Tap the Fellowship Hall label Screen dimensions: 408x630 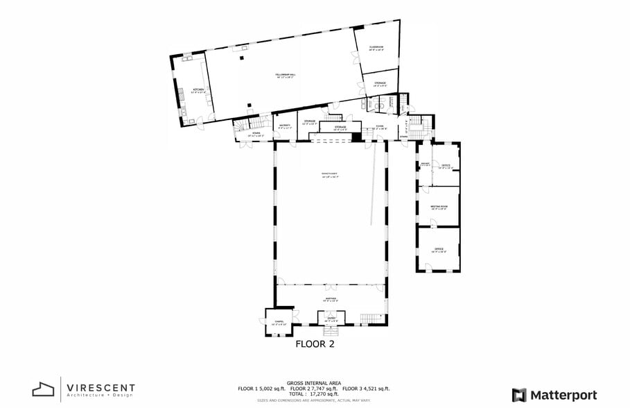(285, 75)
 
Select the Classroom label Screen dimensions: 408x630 (376, 47)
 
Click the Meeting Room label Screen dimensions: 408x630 (439, 206)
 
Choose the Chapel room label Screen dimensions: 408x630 (279, 322)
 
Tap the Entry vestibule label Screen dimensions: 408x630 (331, 319)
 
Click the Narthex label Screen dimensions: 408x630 (331, 299)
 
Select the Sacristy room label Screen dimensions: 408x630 (286, 126)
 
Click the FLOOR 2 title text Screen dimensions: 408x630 (315, 343)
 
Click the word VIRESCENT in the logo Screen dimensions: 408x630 (101, 387)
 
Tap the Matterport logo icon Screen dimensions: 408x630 (518, 395)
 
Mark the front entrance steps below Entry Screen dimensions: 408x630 (331, 330)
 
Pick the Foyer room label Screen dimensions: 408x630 (380, 127)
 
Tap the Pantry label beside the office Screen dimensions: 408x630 (425, 164)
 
